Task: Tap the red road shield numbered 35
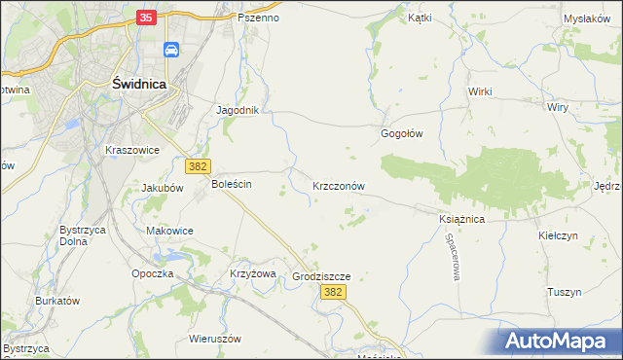coord(146,17)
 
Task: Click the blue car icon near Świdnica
coord(171,51)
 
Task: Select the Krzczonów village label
coord(339,185)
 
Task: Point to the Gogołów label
coord(401,134)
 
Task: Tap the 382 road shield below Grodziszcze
coord(333,292)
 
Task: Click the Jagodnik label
coord(237,110)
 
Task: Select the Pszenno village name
coord(259,18)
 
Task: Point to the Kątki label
coord(420,18)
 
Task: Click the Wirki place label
coord(480,91)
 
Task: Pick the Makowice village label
coord(169,231)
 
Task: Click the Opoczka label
coord(153,273)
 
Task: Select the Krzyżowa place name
coord(253,273)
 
